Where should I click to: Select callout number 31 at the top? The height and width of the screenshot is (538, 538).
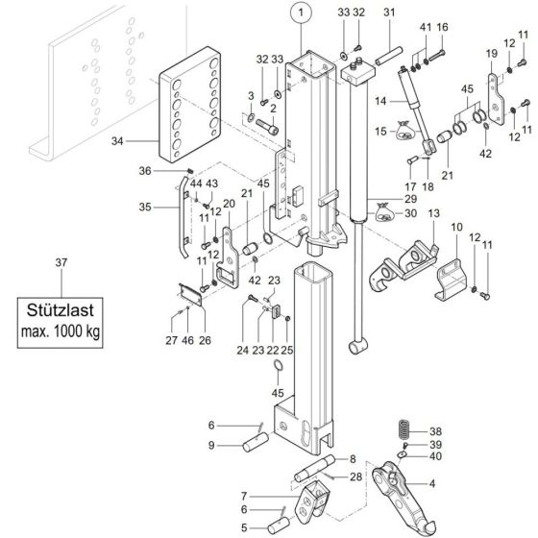[x=389, y=12]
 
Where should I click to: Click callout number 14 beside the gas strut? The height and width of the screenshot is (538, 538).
[x=381, y=100]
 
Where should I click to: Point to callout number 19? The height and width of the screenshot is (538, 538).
[x=491, y=54]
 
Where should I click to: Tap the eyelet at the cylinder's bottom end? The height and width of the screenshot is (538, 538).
[x=361, y=346]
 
